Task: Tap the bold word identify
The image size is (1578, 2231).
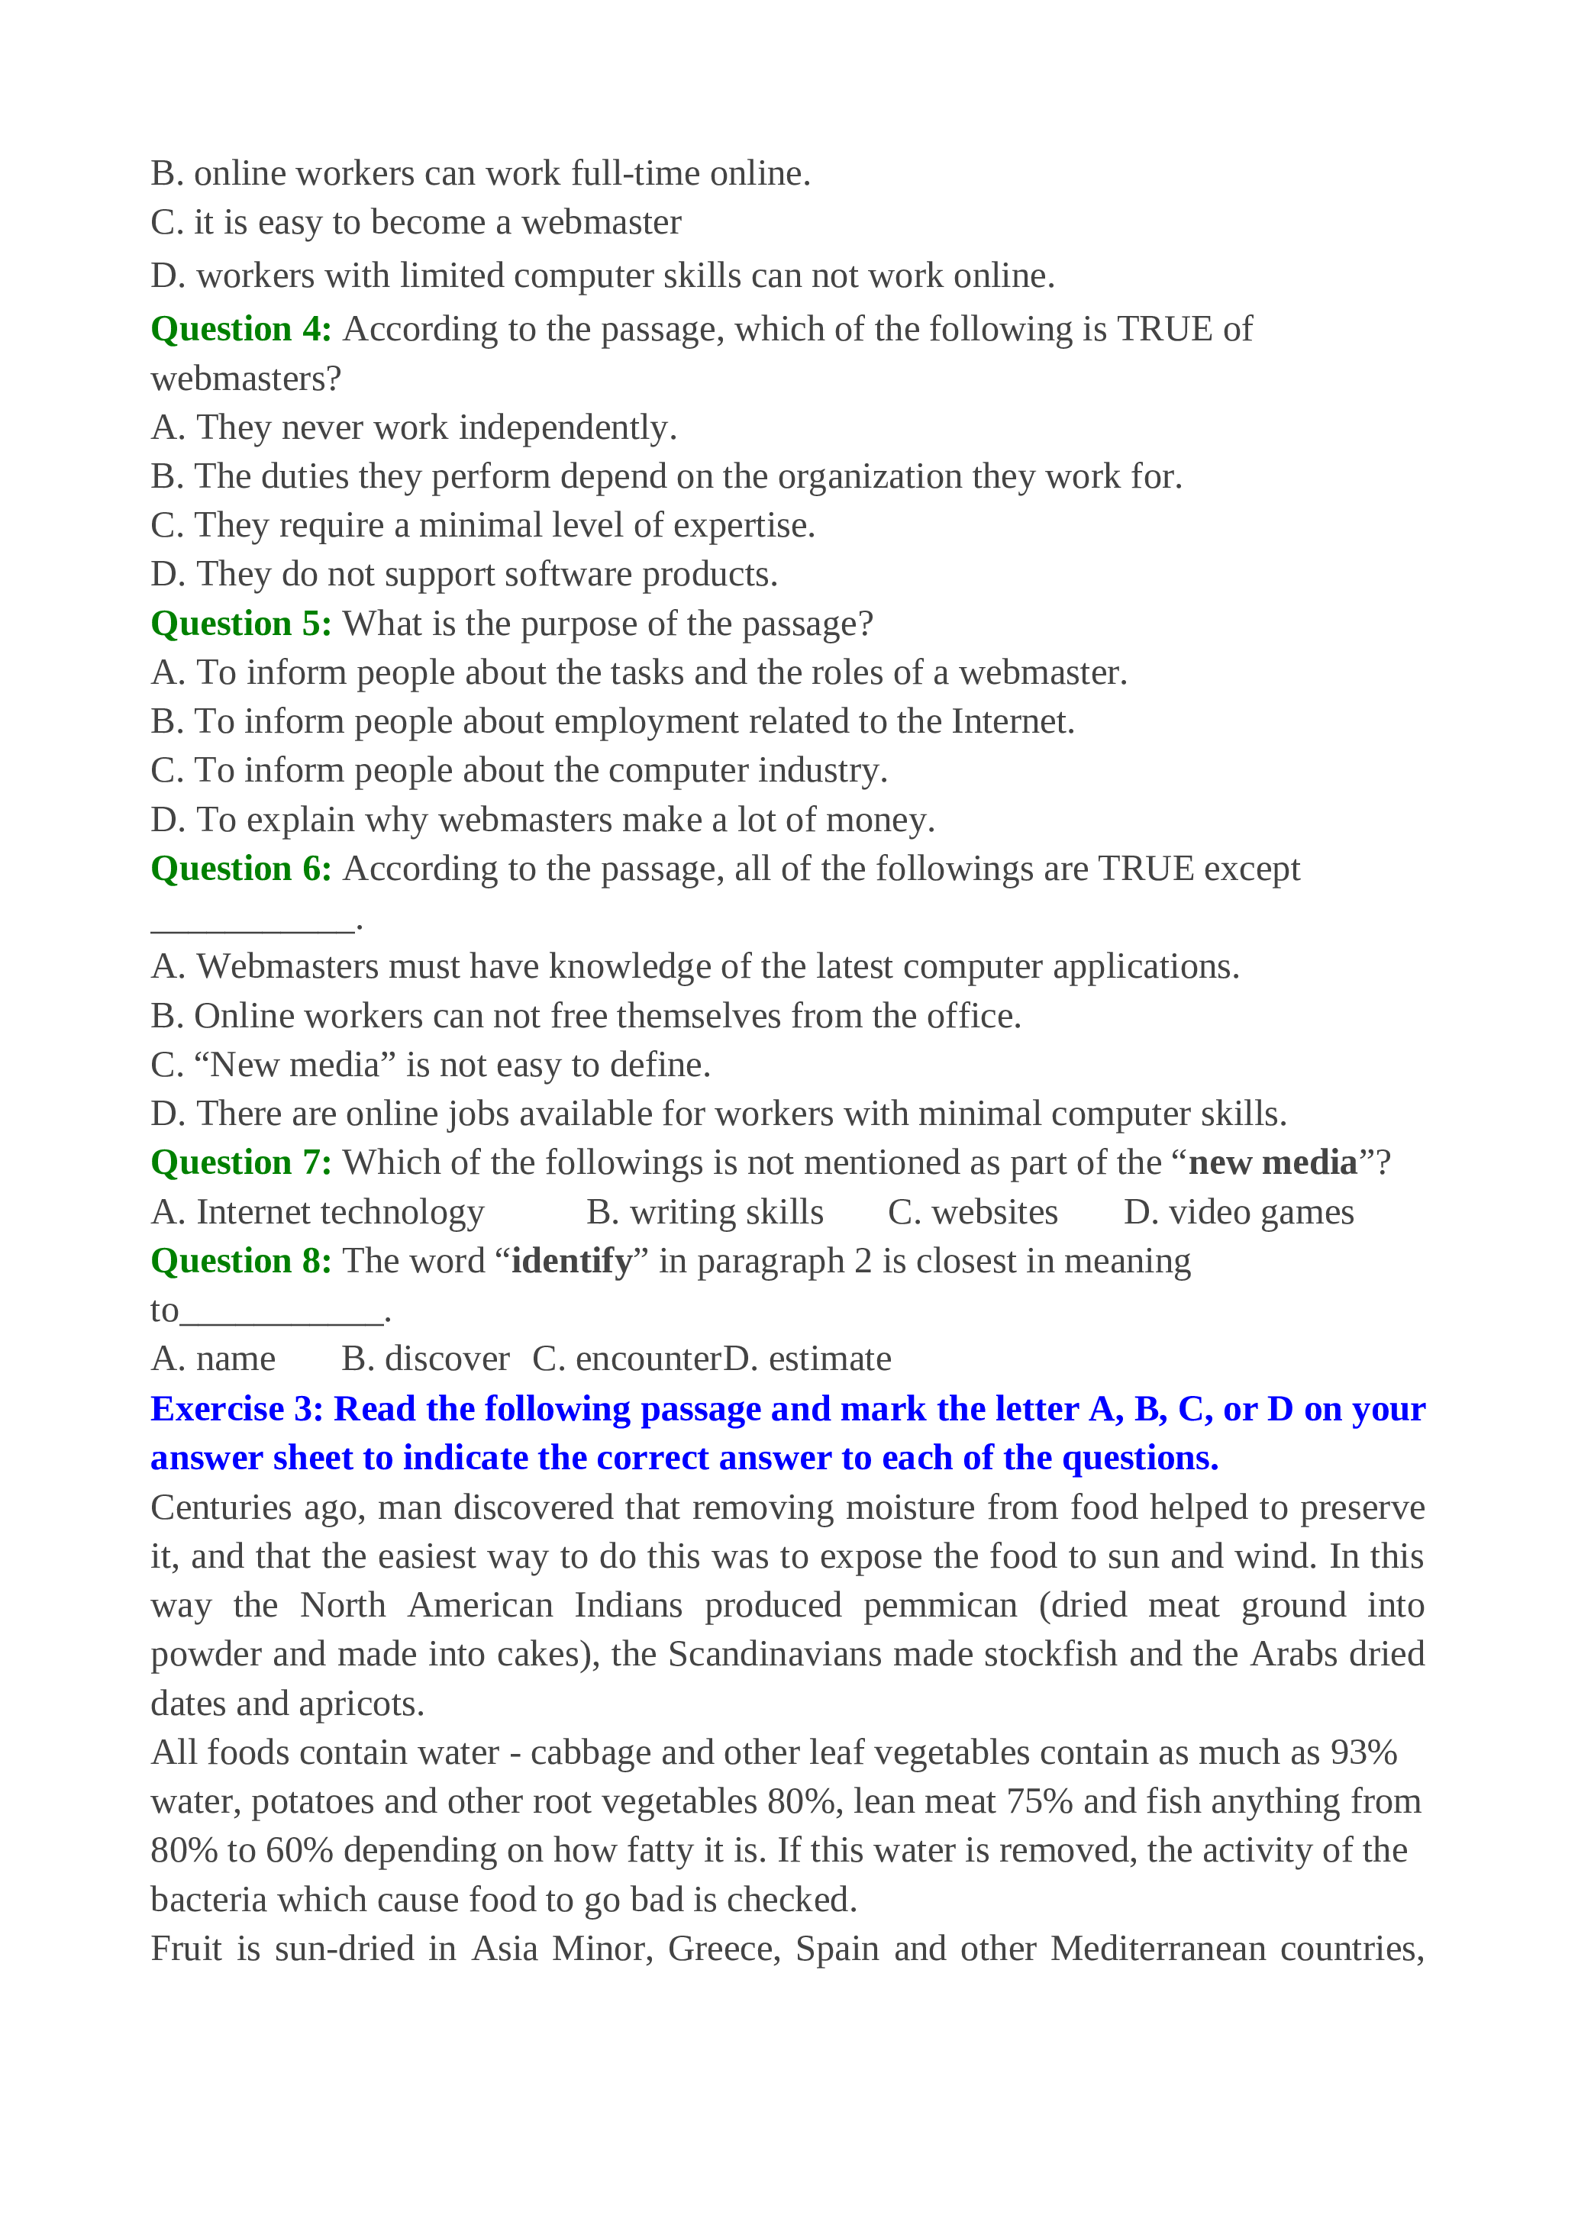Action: pyautogui.click(x=571, y=1261)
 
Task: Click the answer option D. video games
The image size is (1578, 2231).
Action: pyautogui.click(x=1238, y=1213)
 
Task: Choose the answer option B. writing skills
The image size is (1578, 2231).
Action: pyautogui.click(x=705, y=1213)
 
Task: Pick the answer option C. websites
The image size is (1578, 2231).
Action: pyautogui.click(x=973, y=1213)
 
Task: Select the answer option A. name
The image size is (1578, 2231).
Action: pyautogui.click(x=213, y=1359)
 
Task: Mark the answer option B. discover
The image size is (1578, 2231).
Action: pyautogui.click(x=425, y=1359)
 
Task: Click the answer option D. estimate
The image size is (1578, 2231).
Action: pyautogui.click(x=808, y=1359)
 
